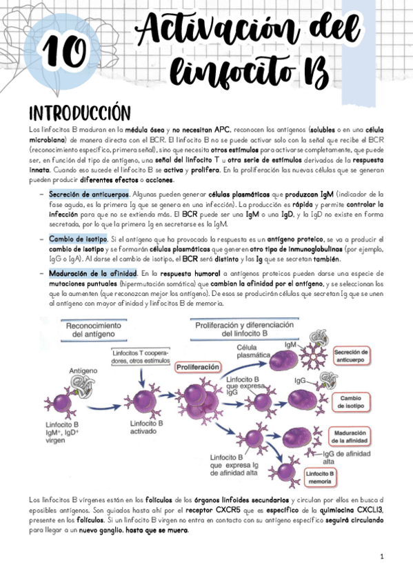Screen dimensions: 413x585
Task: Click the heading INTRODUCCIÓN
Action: pos(79,112)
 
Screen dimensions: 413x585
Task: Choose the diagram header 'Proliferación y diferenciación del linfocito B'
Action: pos(245,328)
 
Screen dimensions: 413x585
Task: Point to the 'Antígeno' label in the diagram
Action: pos(83,370)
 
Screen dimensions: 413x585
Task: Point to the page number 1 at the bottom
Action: pos(381,556)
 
